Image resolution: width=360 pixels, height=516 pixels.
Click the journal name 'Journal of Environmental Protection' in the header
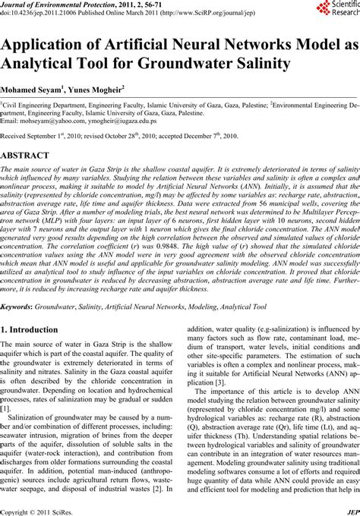click(x=51, y=4)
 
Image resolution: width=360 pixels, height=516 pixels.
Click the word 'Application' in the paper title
click(x=49, y=43)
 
